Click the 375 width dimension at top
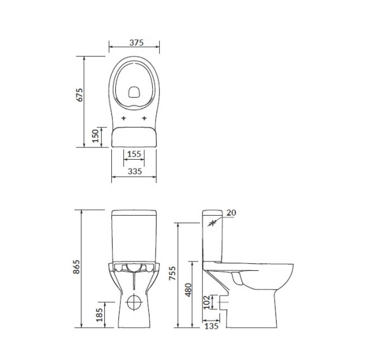coord(134,43)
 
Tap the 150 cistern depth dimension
coord(95,136)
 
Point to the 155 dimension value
coord(134,154)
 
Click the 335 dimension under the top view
coord(134,171)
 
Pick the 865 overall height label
coord(76,268)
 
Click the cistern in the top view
coord(134,137)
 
